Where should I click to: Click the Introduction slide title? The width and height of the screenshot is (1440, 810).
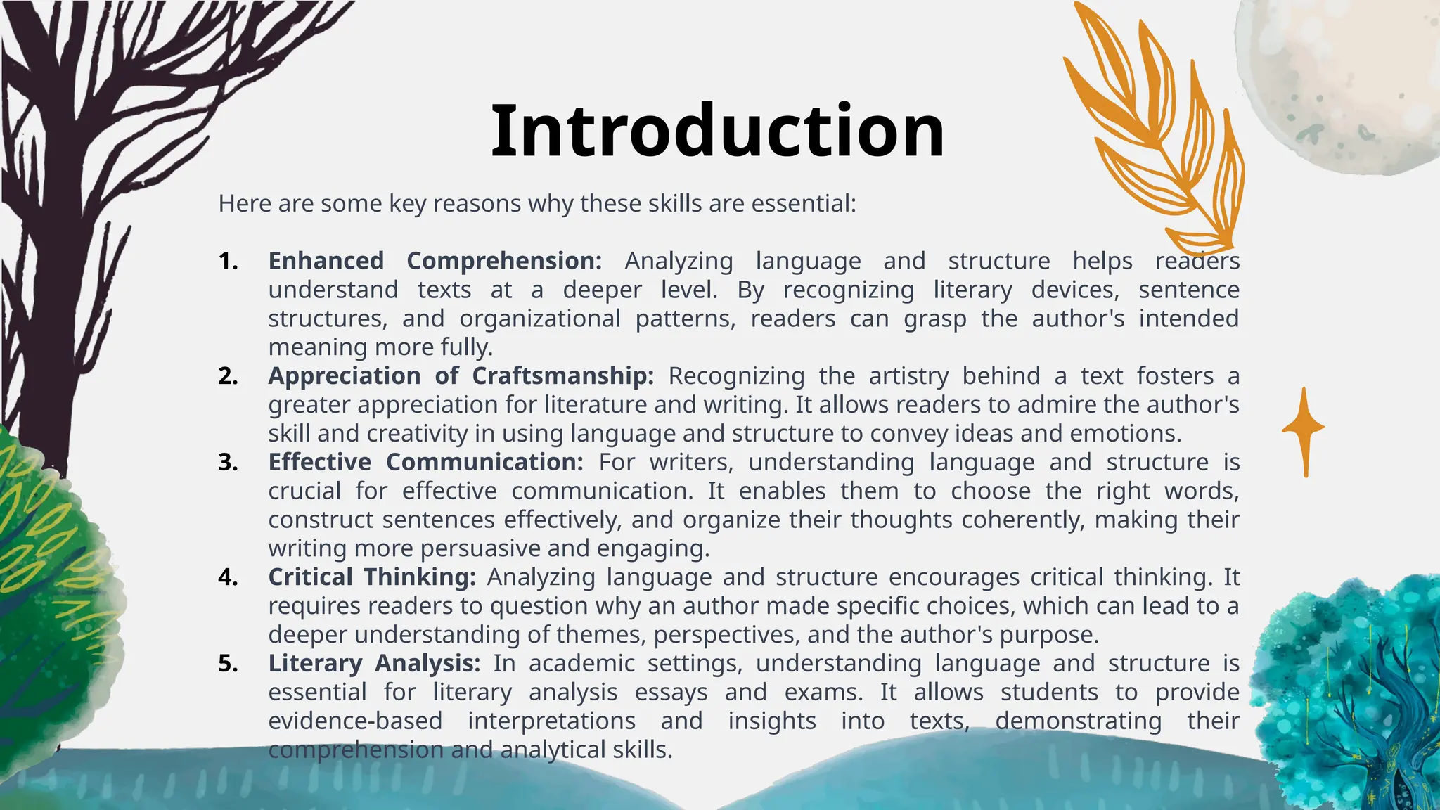pos(717,131)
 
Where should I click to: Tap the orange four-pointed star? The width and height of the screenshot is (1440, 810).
pos(1304,429)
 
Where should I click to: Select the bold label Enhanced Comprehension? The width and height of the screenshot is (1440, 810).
pos(435,261)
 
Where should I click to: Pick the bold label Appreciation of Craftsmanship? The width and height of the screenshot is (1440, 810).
pos(461,375)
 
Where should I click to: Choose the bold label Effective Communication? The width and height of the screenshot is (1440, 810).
pos(425,462)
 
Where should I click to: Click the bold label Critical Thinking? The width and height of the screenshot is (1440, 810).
pos(372,577)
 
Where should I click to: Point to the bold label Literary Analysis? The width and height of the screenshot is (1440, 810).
pos(374,663)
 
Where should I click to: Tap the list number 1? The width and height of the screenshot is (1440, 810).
pos(227,261)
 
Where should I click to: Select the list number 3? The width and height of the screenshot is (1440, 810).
pos(227,462)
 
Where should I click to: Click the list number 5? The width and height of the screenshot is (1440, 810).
pos(227,663)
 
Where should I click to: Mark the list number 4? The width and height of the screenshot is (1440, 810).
pos(227,577)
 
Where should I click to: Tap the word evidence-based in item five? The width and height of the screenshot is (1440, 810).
pos(355,721)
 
